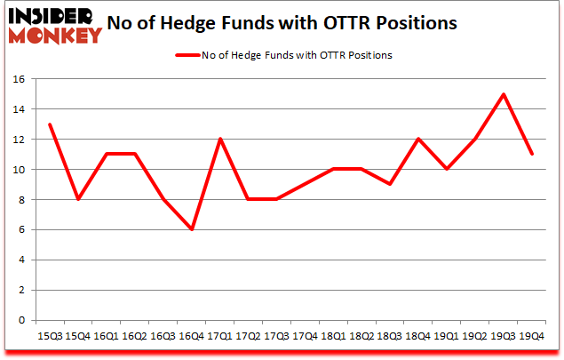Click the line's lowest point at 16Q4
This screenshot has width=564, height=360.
click(193, 229)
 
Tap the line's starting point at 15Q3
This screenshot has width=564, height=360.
click(49, 124)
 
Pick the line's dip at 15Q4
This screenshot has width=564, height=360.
click(77, 200)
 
